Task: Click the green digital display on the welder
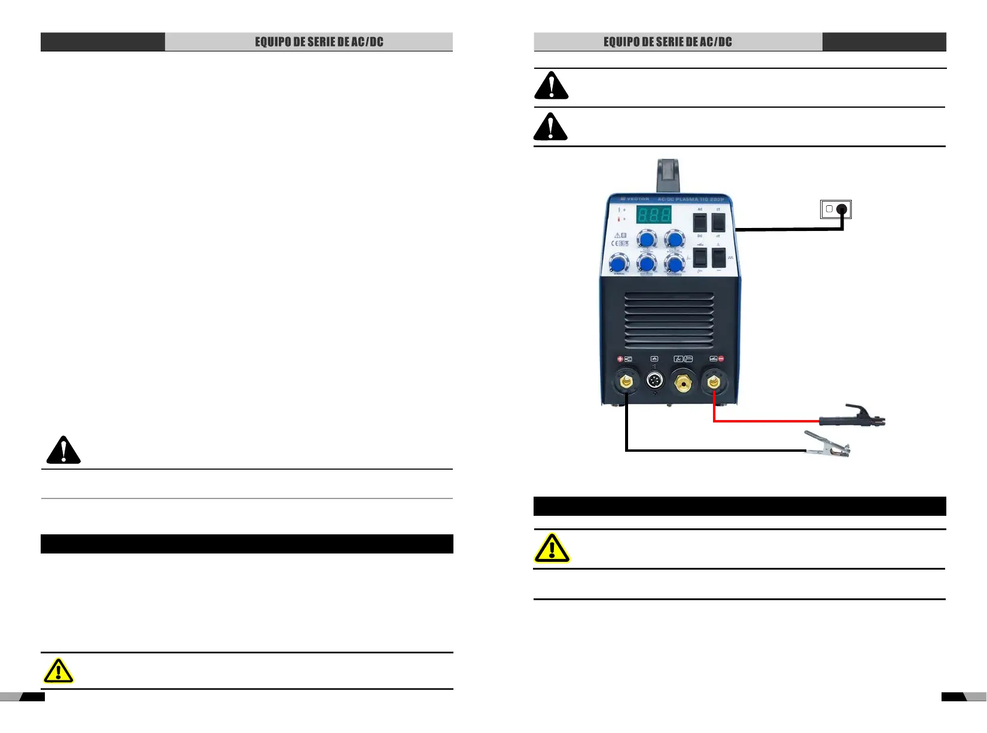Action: coord(653,214)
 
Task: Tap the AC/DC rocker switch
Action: coord(700,223)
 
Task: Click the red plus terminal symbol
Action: coord(620,359)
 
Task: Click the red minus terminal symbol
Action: coord(721,359)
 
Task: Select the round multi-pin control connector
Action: coord(655,381)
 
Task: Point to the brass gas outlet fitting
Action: coord(683,381)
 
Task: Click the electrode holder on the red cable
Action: coord(852,416)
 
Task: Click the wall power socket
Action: coord(836,209)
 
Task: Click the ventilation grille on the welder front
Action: coord(669,320)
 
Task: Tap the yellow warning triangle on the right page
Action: coord(552,548)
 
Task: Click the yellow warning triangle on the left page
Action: coord(59,671)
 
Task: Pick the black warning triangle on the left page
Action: coord(63,451)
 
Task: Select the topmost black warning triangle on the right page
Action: coord(551,86)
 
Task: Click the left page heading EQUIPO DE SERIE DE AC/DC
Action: coord(319,42)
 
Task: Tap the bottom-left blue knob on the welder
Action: coord(619,264)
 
